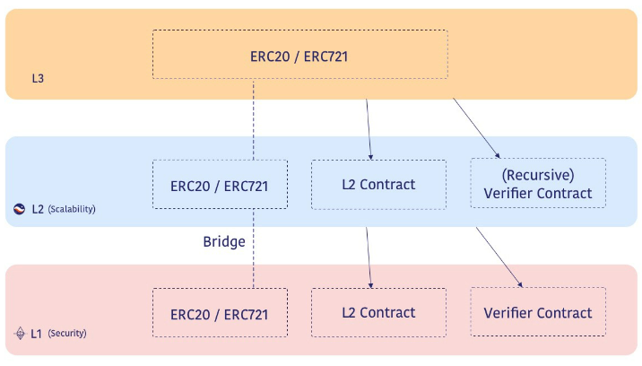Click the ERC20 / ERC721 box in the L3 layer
299,55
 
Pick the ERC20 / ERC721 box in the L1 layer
220,314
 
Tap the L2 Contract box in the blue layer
378,185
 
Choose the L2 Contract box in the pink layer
378,313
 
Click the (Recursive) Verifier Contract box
538,184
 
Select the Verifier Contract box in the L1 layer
538,313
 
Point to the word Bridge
224,242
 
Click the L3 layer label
38,79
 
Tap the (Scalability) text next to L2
72,209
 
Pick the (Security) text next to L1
66,334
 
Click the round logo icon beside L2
20,209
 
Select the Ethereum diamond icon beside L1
20,334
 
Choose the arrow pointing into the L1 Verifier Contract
499,258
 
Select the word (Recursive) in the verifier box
538,176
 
